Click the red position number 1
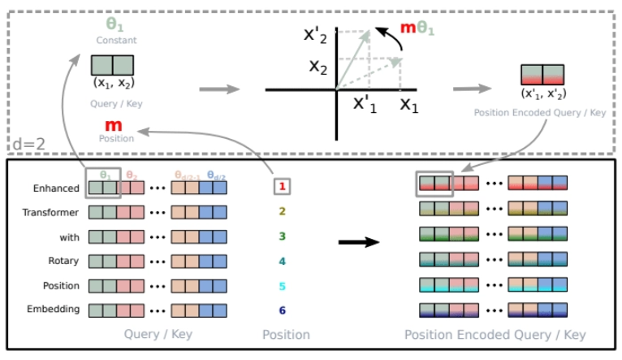[283, 188]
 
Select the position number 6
[283, 310]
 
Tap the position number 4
[283, 262]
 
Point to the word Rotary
[63, 261]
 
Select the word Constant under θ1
[113, 40]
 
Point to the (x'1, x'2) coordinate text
[542, 94]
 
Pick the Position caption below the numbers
[286, 334]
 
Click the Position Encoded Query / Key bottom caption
[495, 335]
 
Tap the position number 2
[283, 212]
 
